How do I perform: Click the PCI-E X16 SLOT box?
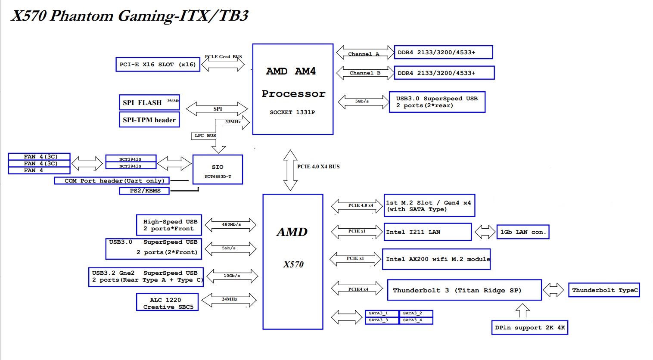(158, 65)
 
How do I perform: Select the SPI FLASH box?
(149, 102)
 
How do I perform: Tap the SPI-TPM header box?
(149, 120)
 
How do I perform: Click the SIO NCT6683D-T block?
(218, 170)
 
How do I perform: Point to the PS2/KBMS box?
(144, 191)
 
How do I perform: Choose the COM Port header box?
(112, 181)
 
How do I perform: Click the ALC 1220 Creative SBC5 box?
(168, 302)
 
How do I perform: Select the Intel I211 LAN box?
(427, 232)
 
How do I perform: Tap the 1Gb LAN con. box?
(522, 232)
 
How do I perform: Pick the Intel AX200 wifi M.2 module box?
(436, 259)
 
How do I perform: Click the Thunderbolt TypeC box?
(604, 290)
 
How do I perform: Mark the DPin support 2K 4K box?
(530, 328)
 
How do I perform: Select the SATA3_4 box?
(416, 320)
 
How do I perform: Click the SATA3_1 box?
(382, 313)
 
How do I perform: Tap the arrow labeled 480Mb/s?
(230, 225)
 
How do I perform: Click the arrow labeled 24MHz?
(229, 300)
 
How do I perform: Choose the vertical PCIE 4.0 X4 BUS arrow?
(290, 170)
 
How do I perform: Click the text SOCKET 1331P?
(292, 112)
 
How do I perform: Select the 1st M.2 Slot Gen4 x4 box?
(429, 206)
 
